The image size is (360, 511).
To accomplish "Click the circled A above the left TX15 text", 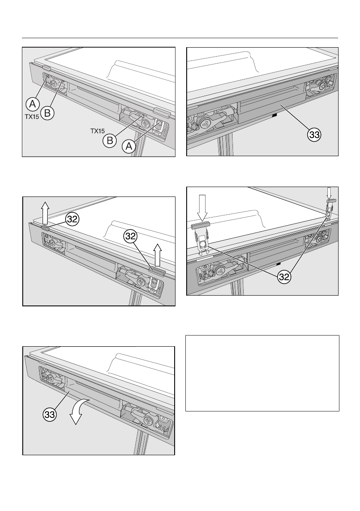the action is click(31, 104).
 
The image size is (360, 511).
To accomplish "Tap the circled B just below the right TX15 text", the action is click(109, 140).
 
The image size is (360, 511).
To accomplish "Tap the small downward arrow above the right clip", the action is click(330, 191).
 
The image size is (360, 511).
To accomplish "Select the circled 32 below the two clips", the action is click(283, 277).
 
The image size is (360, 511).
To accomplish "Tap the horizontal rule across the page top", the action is click(180, 38).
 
